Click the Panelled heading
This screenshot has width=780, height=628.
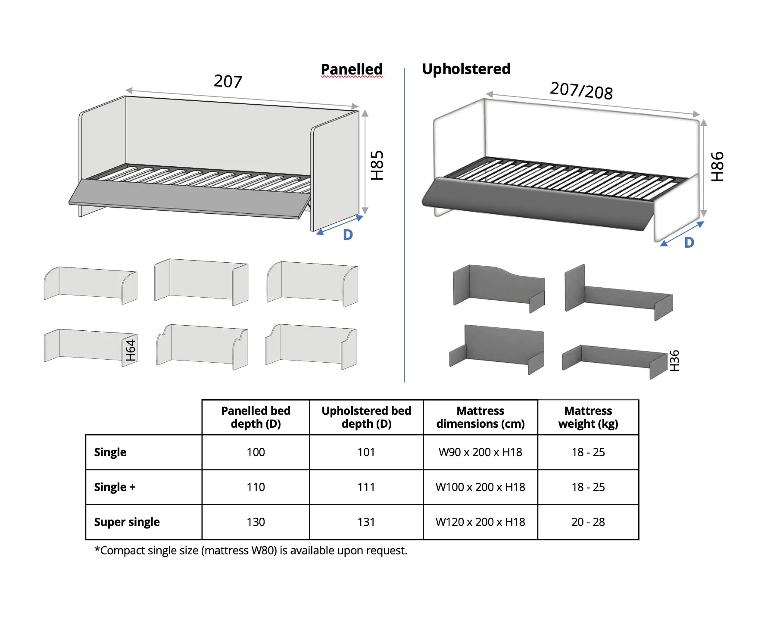tap(352, 69)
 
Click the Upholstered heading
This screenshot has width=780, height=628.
tap(466, 69)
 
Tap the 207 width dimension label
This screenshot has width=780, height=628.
tap(228, 81)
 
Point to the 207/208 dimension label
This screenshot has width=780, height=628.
tap(581, 91)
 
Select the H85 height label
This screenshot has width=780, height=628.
tap(377, 165)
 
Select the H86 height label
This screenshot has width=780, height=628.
tap(717, 167)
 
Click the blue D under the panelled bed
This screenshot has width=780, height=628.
tap(348, 235)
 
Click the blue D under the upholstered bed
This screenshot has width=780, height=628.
tap(689, 242)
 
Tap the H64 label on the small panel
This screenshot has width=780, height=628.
tap(131, 350)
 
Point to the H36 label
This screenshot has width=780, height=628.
tap(674, 361)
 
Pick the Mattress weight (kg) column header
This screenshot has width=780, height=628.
tap(588, 417)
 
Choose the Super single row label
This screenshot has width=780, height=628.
tap(127, 522)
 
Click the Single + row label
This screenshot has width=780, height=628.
tap(115, 487)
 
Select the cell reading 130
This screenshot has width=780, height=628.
tap(256, 522)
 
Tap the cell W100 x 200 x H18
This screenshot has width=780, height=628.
tap(480, 487)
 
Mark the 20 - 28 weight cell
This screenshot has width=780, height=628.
tap(588, 522)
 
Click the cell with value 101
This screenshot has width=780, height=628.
tap(366, 452)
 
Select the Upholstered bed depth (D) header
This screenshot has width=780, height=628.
tap(366, 417)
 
